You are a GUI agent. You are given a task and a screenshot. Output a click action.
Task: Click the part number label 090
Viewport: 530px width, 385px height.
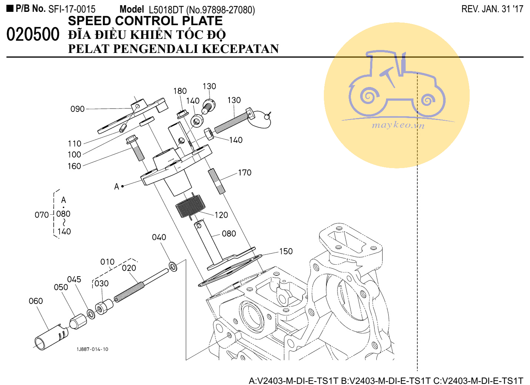pyautogui.click(x=77, y=109)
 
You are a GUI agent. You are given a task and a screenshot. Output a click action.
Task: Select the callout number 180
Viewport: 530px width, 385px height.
pyautogui.click(x=180, y=91)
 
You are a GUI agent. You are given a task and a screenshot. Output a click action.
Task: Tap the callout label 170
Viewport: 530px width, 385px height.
pyautogui.click(x=244, y=173)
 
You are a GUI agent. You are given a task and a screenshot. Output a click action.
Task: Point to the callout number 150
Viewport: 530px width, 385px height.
pyautogui.click(x=286, y=251)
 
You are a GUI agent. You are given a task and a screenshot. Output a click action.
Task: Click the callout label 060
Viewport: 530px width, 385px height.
pyautogui.click(x=36, y=301)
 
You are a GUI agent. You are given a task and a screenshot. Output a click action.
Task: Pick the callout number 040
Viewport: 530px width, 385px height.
pyautogui.click(x=159, y=237)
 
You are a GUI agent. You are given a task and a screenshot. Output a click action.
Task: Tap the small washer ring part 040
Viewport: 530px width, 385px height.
pyautogui.click(x=172, y=266)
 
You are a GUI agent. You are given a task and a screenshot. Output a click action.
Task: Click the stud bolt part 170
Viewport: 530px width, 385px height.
pyautogui.click(x=217, y=181)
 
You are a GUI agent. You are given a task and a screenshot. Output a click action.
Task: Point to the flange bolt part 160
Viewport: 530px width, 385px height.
pyautogui.click(x=136, y=148)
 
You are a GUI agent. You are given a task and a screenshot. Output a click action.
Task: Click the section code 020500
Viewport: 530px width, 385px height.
pyautogui.click(x=33, y=35)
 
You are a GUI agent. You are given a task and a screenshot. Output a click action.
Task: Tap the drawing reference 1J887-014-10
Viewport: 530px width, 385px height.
pyautogui.click(x=93, y=349)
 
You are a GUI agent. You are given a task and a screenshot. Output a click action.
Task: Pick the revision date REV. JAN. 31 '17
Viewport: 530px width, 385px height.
pyautogui.click(x=492, y=9)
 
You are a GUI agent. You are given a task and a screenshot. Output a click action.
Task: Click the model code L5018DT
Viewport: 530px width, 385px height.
pyautogui.click(x=166, y=10)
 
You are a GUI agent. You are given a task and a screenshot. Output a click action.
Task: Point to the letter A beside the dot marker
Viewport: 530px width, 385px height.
pyautogui.click(x=117, y=187)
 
